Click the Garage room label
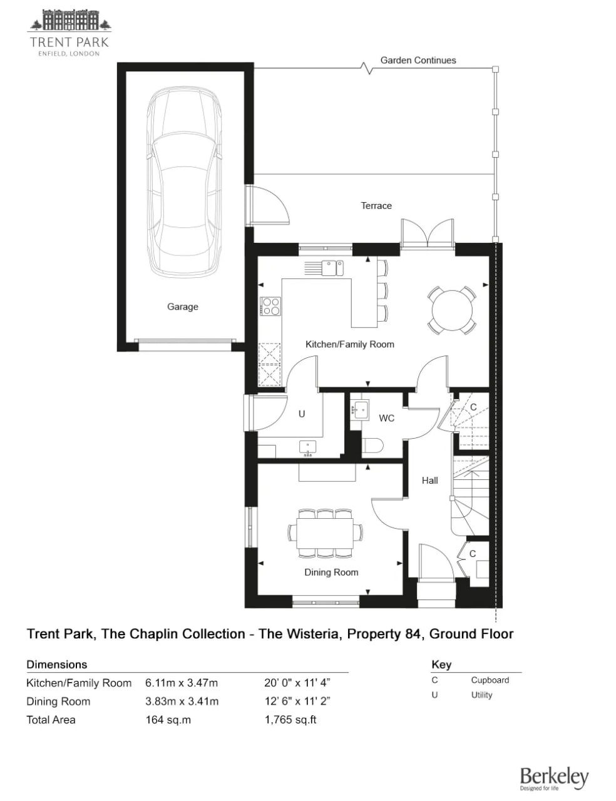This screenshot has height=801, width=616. click(182, 307)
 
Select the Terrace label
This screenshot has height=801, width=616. click(376, 206)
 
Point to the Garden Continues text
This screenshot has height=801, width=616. click(418, 61)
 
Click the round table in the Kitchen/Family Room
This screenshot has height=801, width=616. click(452, 310)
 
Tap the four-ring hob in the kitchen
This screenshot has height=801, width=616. click(270, 306)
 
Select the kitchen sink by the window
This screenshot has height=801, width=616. click(332, 268)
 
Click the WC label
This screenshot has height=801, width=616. click(386, 418)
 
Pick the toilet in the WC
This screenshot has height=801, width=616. click(372, 446)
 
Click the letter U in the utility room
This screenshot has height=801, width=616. click(302, 414)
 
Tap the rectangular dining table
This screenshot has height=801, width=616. click(325, 533)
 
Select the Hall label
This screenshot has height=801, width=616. click(430, 481)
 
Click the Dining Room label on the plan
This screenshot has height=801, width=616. click(331, 572)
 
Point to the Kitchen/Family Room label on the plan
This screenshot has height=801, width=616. click(350, 344)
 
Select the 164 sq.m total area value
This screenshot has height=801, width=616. click(168, 720)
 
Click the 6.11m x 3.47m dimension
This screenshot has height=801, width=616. click(182, 683)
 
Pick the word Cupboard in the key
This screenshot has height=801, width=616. click(490, 680)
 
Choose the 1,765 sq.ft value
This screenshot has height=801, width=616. click(290, 720)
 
